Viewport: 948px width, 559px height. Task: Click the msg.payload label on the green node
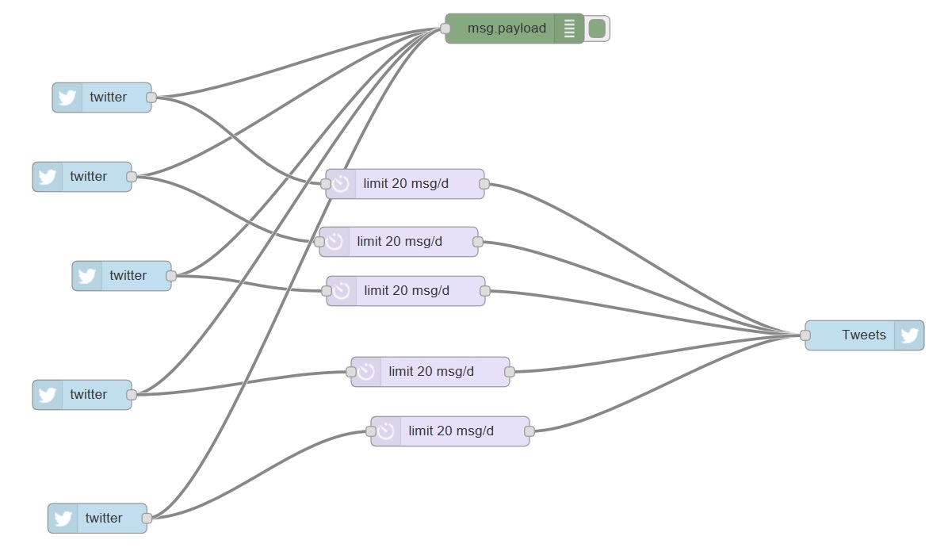(506, 29)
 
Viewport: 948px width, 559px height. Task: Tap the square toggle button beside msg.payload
(597, 29)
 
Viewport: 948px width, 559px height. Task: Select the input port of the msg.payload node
(445, 29)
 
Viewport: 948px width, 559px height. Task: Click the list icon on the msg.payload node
(568, 29)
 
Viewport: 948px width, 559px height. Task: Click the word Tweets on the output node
(863, 335)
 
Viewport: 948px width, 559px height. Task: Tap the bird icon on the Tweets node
(908, 335)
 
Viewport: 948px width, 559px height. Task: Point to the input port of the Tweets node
(805, 335)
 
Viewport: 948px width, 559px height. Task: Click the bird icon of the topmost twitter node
(67, 98)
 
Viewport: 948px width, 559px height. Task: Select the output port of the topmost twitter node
(151, 98)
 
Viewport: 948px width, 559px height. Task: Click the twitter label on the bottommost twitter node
(104, 518)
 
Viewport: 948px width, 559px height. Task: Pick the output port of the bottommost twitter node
(147, 519)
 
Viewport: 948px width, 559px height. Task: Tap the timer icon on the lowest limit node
(386, 431)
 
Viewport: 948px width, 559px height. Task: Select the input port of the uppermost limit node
(326, 184)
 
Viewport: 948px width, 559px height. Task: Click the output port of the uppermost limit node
(484, 184)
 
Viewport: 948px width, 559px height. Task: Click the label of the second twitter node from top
(88, 176)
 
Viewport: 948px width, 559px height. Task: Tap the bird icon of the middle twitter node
(87, 276)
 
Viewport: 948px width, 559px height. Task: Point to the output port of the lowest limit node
(529, 431)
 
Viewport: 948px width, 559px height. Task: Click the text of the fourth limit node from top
(431, 371)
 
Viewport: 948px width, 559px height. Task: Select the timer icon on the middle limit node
(342, 291)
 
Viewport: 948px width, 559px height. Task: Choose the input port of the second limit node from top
(319, 241)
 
